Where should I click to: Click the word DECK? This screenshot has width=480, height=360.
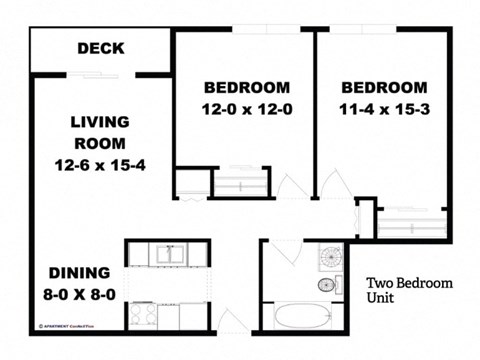coord(100,48)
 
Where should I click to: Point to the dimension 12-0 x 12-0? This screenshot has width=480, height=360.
coord(246,109)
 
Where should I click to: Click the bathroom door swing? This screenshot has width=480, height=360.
coord(284,252)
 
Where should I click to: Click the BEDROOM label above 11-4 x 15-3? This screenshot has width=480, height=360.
coord(385,86)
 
